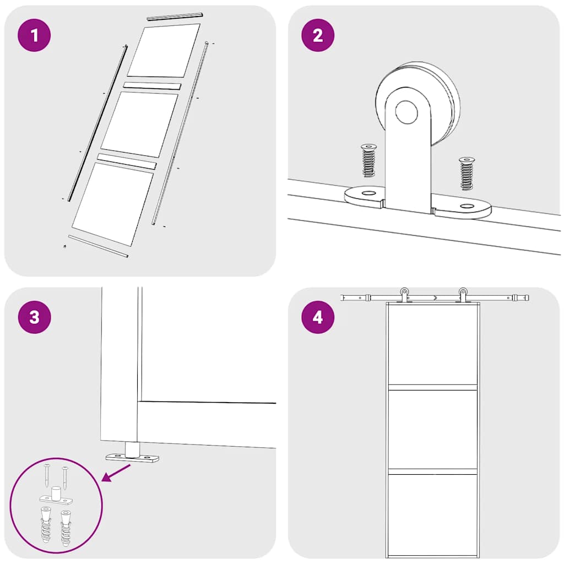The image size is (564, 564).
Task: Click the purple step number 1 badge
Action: [x=35, y=36]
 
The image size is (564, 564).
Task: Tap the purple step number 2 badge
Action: [x=317, y=36]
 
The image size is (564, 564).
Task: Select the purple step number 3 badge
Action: [x=35, y=317]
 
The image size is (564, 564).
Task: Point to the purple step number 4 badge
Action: [x=317, y=317]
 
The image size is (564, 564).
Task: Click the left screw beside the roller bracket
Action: [x=368, y=161]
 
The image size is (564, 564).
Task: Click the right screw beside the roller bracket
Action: [x=467, y=173]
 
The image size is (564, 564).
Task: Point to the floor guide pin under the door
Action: [x=132, y=449]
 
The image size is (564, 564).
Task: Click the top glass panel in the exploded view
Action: [x=164, y=51]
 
